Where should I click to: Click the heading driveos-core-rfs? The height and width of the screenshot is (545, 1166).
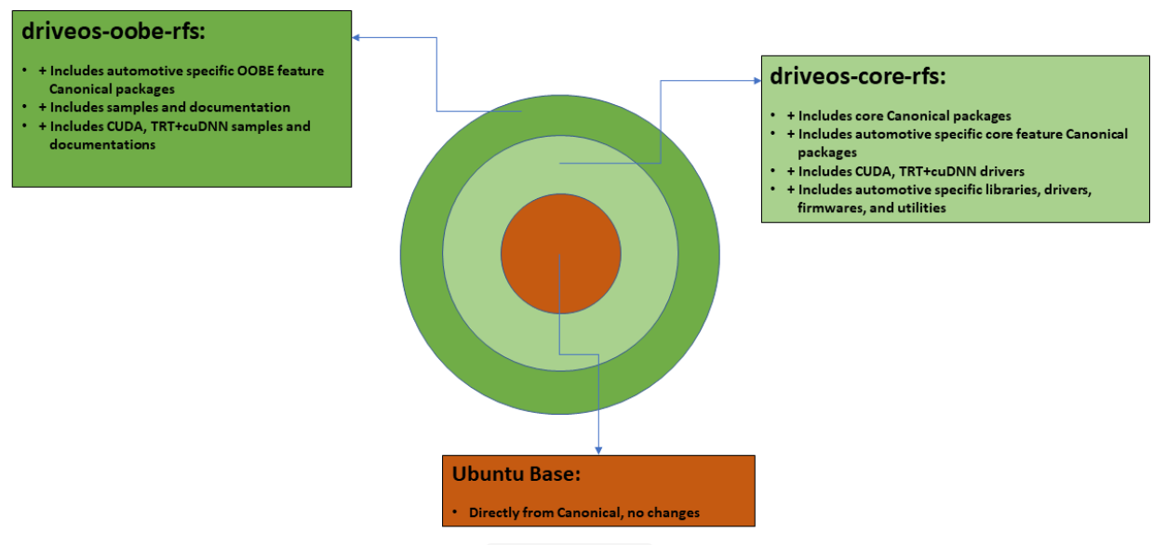857,77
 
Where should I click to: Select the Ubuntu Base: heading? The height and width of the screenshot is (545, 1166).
516,473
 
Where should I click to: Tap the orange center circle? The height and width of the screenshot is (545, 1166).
560,254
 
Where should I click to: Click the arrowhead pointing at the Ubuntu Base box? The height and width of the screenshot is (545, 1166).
597,449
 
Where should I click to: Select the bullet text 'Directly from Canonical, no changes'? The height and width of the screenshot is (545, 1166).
583,512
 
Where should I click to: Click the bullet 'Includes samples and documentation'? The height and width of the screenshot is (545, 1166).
169,108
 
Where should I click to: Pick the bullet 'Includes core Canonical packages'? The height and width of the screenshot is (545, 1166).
899,116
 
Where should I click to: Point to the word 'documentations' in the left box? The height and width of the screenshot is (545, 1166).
102,145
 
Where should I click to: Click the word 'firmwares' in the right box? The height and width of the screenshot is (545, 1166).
830,208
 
